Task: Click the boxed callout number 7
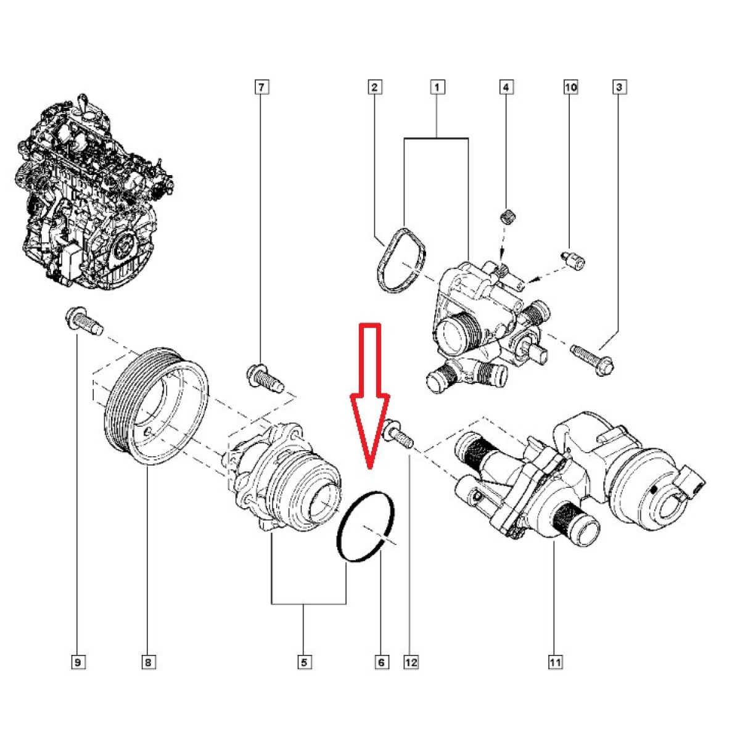click(x=261, y=87)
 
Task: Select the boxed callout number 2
click(x=374, y=87)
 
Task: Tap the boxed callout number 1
click(x=437, y=87)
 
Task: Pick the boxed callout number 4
click(x=506, y=87)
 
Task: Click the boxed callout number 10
click(x=570, y=87)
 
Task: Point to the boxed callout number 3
click(x=619, y=87)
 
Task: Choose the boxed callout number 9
click(x=78, y=662)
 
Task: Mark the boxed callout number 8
click(x=149, y=662)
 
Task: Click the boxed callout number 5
click(x=304, y=662)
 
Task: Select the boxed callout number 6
click(x=381, y=662)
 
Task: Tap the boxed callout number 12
click(x=411, y=662)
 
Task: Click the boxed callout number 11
click(x=555, y=662)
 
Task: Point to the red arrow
click(x=370, y=395)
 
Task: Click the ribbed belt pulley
click(x=156, y=406)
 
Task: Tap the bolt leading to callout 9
click(x=84, y=321)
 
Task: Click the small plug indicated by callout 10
click(x=573, y=261)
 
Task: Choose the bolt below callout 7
click(x=265, y=377)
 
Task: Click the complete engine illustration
click(x=94, y=192)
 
